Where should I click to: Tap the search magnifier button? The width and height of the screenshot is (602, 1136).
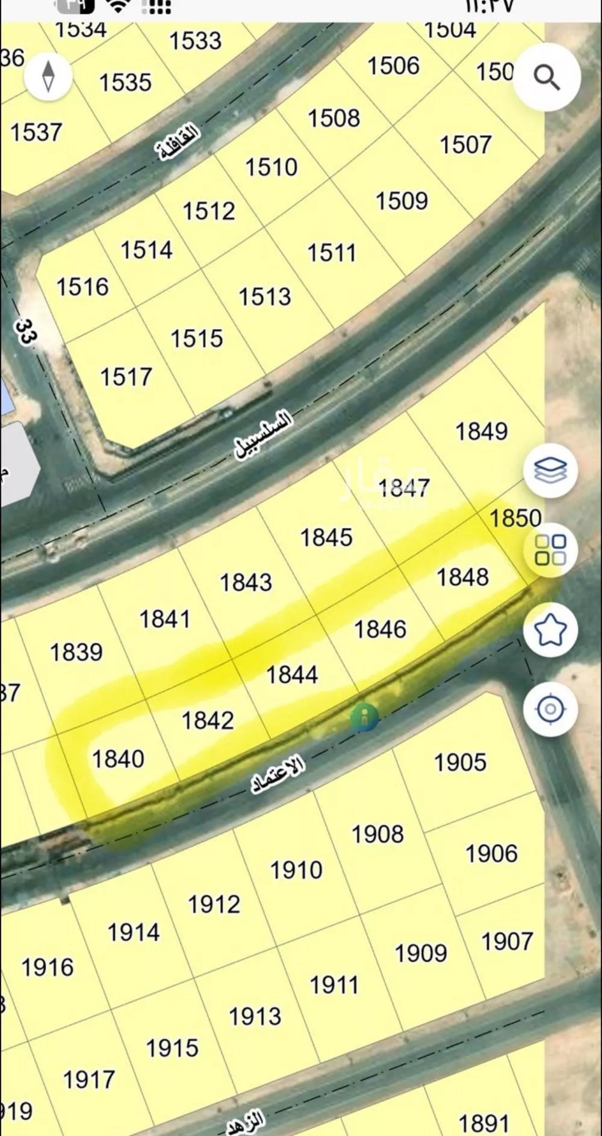(x=547, y=78)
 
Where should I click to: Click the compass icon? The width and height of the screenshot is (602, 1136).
(x=48, y=76)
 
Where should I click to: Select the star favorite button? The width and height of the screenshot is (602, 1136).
(x=550, y=630)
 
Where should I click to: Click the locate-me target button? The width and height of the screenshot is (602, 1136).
(x=550, y=709)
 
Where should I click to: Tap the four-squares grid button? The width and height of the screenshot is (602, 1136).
(x=550, y=549)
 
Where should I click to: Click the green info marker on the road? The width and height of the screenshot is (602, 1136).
(x=364, y=717)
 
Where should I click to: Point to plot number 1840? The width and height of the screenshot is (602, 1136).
(x=118, y=759)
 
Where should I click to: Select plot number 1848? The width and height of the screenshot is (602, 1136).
(x=462, y=577)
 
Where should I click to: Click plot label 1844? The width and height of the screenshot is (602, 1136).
(x=292, y=674)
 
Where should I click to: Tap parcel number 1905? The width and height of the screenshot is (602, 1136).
(x=460, y=762)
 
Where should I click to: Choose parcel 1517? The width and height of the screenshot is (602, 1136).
(x=126, y=377)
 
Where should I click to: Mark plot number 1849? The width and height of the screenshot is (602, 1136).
(x=481, y=431)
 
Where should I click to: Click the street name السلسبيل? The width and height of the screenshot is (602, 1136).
(x=263, y=435)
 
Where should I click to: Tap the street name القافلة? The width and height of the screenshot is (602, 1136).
(x=179, y=141)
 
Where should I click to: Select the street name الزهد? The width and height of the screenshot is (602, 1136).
(x=246, y=1122)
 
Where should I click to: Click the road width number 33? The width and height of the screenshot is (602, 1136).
(x=25, y=332)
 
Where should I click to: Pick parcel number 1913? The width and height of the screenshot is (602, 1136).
(x=255, y=1016)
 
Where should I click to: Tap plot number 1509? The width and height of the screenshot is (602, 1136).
(x=402, y=201)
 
